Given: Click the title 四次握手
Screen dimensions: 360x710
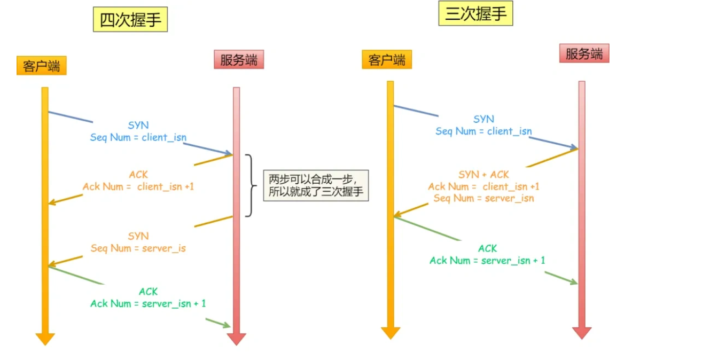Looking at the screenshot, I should [130, 20].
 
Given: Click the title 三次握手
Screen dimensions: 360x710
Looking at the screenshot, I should [475, 14].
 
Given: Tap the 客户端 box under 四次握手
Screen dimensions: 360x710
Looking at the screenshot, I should [41, 66].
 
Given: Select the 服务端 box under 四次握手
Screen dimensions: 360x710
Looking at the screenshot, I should [238, 60].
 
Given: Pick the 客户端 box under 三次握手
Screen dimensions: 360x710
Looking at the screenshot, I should [387, 60].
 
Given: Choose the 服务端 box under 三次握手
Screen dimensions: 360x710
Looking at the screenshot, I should [584, 54].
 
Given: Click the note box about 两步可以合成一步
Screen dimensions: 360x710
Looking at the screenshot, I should [316, 186].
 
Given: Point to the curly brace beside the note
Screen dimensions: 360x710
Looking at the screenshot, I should [249, 186].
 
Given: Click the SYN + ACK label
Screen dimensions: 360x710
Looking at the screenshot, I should [483, 175].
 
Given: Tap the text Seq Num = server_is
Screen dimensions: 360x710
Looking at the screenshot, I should [138, 248].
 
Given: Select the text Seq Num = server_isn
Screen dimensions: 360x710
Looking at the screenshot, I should [483, 198].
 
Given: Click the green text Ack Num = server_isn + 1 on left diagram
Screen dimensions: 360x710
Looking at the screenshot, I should [148, 303].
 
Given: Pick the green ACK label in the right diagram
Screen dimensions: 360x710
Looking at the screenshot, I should [487, 248].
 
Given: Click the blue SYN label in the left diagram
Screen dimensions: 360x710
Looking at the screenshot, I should [138, 126].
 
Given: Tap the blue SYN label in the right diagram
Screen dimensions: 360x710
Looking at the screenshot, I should [483, 119].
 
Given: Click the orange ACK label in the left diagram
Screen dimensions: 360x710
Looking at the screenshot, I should [138, 175].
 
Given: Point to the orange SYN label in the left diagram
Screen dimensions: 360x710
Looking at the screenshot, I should [138, 236].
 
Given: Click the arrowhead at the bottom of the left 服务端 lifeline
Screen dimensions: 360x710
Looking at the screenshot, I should [236, 339].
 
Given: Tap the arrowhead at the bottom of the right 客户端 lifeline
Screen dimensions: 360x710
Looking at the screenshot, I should [391, 333].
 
